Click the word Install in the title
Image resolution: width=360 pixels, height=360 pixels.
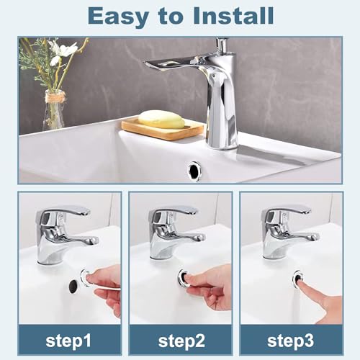(232, 15)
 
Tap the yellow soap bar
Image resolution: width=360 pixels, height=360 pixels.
(162, 120)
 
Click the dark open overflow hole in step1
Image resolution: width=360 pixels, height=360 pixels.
(73, 286)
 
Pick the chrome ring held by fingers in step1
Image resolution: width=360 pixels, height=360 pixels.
(87, 277)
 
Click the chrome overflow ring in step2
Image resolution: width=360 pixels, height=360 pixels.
(185, 279)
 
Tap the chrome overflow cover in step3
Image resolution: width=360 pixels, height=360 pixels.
(297, 277)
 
